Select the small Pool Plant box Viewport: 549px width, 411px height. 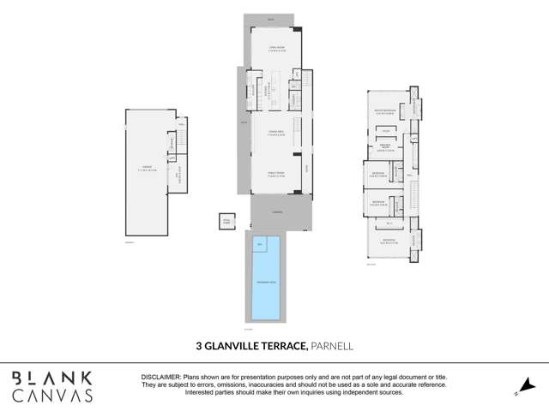(x=226, y=220)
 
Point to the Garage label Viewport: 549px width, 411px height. (x=146, y=168)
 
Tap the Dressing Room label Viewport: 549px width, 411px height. (x=386, y=147)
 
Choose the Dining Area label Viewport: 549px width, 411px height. (x=275, y=134)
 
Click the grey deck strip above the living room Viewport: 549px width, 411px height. (x=272, y=20)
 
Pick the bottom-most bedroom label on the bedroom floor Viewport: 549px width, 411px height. (x=389, y=241)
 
